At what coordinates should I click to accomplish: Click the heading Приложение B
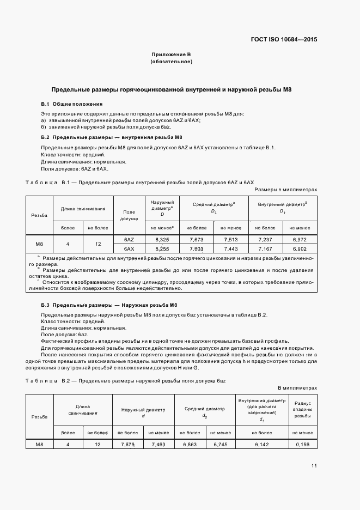(x=171, y=54)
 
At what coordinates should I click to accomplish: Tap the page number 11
(x=314, y=465)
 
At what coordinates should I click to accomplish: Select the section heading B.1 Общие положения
(x=71, y=104)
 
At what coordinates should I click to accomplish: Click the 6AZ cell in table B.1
(x=129, y=239)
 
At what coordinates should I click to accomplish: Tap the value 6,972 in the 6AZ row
(x=300, y=239)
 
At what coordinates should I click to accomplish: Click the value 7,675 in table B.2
(x=127, y=445)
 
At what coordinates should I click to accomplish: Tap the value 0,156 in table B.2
(x=303, y=445)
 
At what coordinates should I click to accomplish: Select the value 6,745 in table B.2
(x=220, y=445)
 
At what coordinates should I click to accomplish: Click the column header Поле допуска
(x=129, y=215)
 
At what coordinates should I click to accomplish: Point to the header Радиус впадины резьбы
(x=303, y=409)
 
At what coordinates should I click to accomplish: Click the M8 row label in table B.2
(x=39, y=445)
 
